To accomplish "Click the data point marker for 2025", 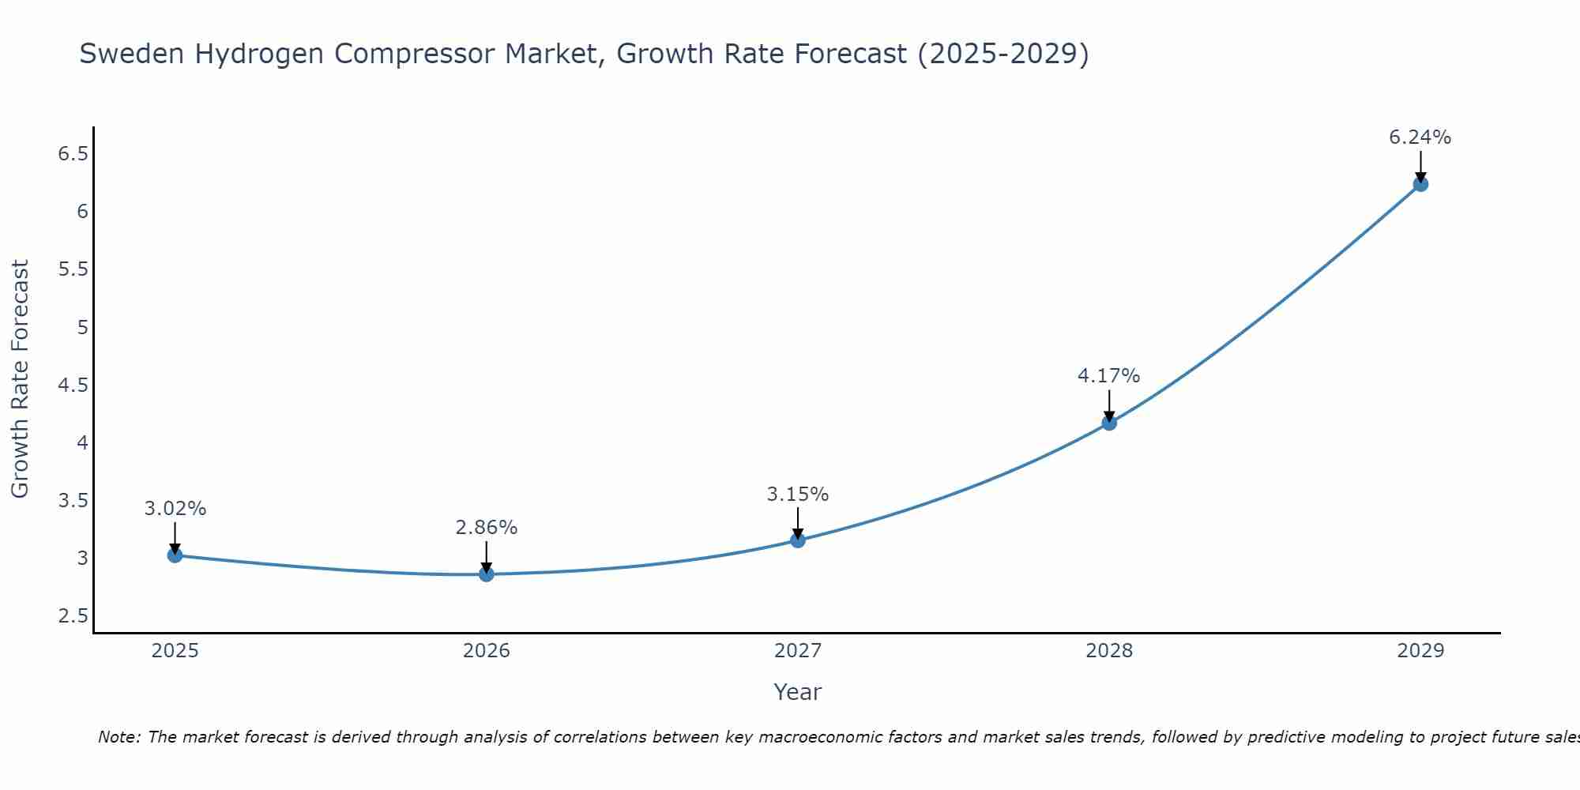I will coord(175,555).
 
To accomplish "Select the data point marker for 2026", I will coord(486,574).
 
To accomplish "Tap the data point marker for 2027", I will coord(797,540).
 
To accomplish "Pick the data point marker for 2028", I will coord(1108,423).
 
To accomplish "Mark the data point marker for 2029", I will coord(1420,184).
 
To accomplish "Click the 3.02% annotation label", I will coord(175,509).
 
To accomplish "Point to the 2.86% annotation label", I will coord(486,528).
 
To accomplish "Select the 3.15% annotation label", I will coord(797,495).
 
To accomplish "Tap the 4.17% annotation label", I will coord(1108,376).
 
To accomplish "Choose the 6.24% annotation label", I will coord(1420,137).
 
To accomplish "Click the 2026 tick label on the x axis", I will coord(486,651).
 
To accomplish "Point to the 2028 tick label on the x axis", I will coord(1108,651).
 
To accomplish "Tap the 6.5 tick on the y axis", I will coord(73,154).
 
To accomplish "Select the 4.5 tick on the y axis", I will coord(73,386).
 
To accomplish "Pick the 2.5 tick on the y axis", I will coord(73,616).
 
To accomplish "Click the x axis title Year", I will coord(797,692).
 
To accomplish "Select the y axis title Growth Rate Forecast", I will coord(21,379).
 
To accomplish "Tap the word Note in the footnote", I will coord(118,737).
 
